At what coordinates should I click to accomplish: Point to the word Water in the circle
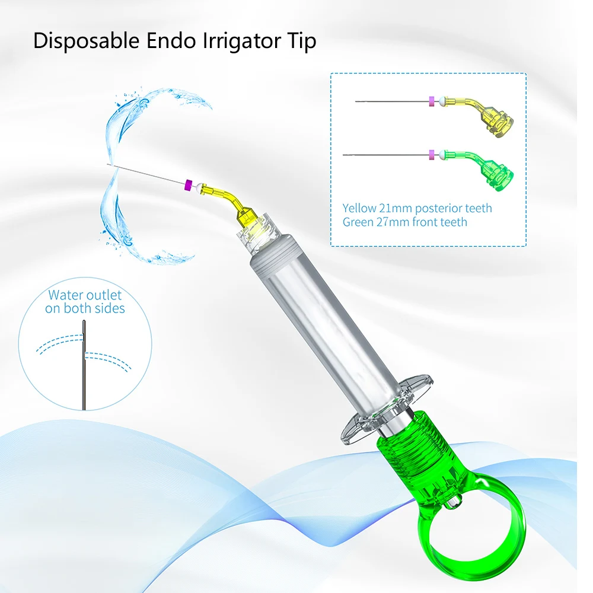66,295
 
